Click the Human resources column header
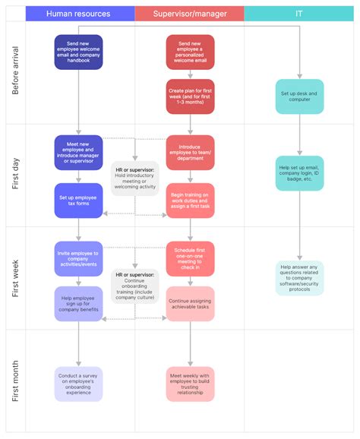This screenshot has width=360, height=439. click(79, 14)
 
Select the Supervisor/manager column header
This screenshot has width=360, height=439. click(189, 14)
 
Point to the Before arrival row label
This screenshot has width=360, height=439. click(15, 74)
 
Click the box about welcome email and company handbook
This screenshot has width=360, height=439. click(79, 52)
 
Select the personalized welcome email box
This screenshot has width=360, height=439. click(190, 52)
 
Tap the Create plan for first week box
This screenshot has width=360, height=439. click(190, 96)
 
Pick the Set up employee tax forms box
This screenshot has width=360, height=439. click(79, 201)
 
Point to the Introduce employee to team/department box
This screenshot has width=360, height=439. click(190, 152)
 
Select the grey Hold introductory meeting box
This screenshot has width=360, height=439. click(135, 178)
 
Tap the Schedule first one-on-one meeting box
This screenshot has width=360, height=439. click(190, 258)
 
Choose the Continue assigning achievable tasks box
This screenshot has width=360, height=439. click(190, 304)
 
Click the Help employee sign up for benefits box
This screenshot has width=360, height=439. click(79, 304)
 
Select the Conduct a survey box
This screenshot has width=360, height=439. click(79, 384)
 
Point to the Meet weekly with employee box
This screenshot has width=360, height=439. click(190, 384)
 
